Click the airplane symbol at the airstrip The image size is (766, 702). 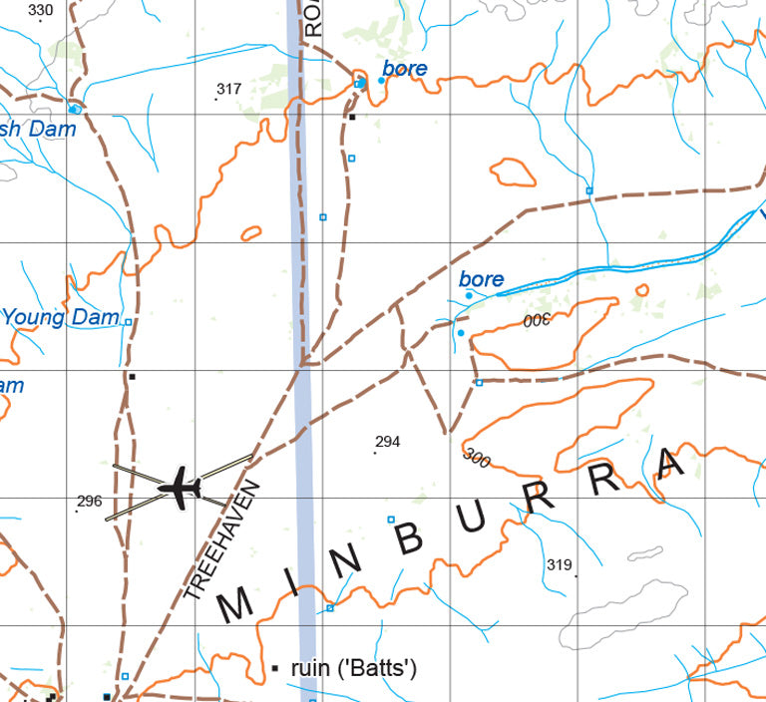[181, 488]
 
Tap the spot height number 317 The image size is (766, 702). [229, 89]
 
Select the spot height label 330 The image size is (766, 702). [41, 11]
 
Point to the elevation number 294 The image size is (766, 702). [388, 442]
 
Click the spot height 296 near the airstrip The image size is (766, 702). [90, 501]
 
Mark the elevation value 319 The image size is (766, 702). [560, 565]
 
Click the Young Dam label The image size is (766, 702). [60, 318]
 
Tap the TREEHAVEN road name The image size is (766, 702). [221, 539]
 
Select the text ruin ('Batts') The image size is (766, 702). [353, 668]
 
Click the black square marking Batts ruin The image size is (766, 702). [275, 667]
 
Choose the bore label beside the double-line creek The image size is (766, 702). [482, 280]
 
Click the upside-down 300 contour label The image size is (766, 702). [537, 320]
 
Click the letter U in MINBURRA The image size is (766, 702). [474, 517]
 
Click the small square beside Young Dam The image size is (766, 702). [128, 321]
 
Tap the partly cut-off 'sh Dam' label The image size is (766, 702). [38, 129]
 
